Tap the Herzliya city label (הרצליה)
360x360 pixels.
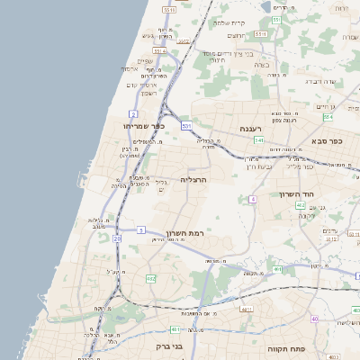pyautogui.click(x=193, y=179)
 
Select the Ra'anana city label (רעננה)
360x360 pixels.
pyautogui.click(x=251, y=129)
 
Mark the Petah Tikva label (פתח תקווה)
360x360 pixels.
pyautogui.click(x=287, y=346)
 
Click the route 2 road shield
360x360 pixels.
pyautogui.click(x=132, y=113)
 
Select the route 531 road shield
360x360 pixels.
pyautogui.click(x=185, y=125)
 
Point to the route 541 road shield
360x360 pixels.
pyautogui.click(x=259, y=139)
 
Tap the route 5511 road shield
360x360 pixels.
pyautogui.click(x=169, y=8)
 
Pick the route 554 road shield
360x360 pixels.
pyautogui.click(x=328, y=117)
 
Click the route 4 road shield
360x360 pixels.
pyautogui.click(x=254, y=198)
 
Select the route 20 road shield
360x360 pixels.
pyautogui.click(x=117, y=238)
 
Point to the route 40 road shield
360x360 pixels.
pyautogui.click(x=315, y=319)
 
